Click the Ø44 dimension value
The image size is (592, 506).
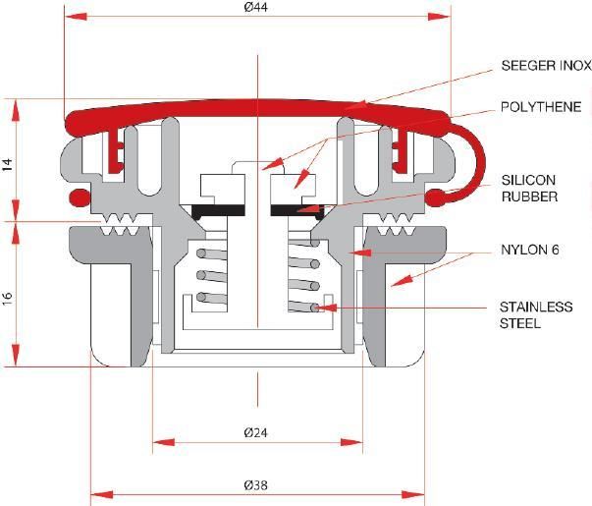coord(255,7)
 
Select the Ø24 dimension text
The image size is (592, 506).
coord(255,432)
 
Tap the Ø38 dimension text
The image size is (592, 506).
coord(255,484)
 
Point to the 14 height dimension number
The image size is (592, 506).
coord(7,165)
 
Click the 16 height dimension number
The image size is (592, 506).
coord(7,298)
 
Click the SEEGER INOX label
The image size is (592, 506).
coord(546,66)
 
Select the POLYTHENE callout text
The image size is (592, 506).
coord(541,107)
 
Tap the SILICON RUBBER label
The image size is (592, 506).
coord(529,189)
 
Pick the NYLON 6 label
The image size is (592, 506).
coord(530,250)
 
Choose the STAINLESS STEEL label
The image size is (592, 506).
coord(536,314)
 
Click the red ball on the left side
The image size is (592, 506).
coord(80,197)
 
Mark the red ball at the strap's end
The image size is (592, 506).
coord(435,197)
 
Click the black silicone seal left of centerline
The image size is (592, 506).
coord(218,211)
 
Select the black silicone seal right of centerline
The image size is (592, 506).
coord(297,211)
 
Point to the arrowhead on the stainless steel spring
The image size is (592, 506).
coord(325,308)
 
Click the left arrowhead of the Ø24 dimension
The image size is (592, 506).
coord(164,442)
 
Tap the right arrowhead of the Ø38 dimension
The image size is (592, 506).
coord(413,494)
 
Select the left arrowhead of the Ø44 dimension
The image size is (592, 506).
coord(76,17)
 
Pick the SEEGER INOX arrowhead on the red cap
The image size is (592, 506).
coord(355,105)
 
